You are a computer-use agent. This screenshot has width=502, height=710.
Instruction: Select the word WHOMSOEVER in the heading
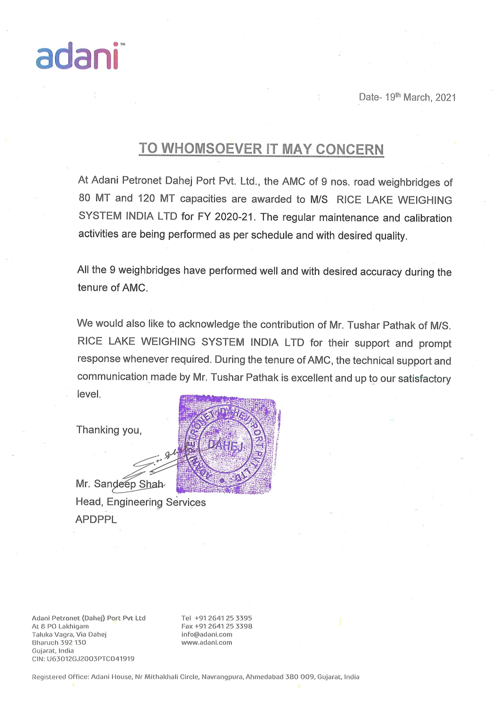[x=212, y=149]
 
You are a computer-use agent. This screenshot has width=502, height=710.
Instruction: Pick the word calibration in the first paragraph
[x=428, y=218]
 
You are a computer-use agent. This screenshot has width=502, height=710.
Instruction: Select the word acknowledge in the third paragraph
[x=209, y=324]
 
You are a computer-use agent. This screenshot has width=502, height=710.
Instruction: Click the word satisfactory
[x=424, y=379]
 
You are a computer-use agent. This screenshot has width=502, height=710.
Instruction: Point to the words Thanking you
[x=109, y=430]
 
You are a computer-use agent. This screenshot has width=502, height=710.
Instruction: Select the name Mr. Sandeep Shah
[x=120, y=484]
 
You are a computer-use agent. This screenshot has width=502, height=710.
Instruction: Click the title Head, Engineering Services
[x=140, y=502]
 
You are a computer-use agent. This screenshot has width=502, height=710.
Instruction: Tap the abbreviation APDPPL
[x=96, y=519]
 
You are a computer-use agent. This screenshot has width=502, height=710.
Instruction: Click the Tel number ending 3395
[x=223, y=618]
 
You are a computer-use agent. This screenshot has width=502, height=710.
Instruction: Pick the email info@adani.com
[x=206, y=634]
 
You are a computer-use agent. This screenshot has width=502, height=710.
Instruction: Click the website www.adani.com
[x=206, y=642]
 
